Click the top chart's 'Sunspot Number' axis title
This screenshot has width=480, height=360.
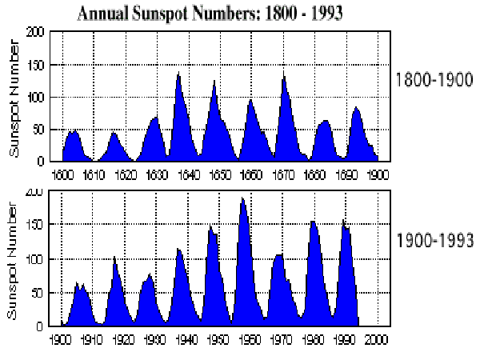click(13, 98)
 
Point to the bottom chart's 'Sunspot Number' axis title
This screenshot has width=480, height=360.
click(13, 262)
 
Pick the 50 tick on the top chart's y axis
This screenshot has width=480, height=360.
click(37, 130)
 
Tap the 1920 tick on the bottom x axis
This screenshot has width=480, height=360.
click(123, 338)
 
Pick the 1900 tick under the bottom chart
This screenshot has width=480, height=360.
click(61, 338)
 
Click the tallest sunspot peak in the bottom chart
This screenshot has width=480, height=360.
click(242, 198)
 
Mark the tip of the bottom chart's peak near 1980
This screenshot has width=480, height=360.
click(313, 222)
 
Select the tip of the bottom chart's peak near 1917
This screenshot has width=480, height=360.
click(114, 257)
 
